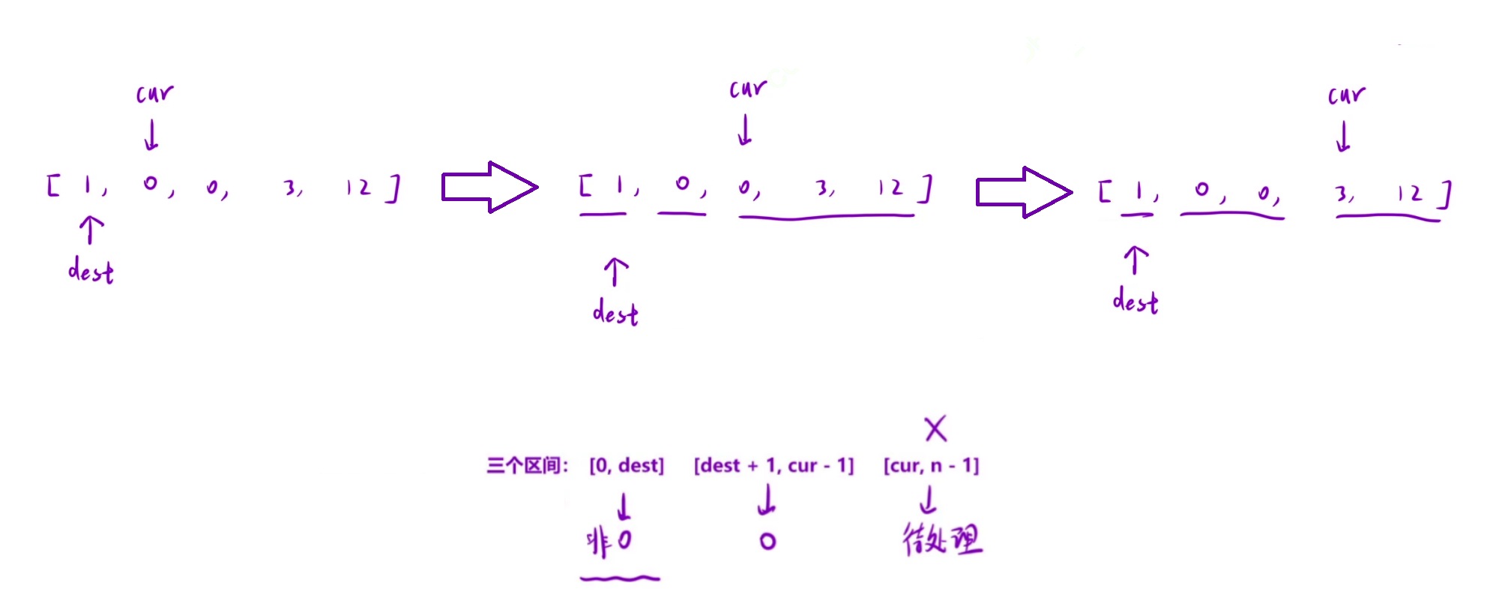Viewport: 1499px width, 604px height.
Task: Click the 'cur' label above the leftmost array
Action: (154, 94)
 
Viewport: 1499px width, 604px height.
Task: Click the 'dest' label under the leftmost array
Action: (91, 270)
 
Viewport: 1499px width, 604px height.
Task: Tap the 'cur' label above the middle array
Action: (748, 89)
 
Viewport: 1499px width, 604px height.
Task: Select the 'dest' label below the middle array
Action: (615, 312)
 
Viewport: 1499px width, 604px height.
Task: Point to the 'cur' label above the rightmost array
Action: (1346, 95)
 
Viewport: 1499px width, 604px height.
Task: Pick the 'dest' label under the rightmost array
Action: (1135, 302)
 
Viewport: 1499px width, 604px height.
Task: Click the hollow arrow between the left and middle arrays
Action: (489, 187)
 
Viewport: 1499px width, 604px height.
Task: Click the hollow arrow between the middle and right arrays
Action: (1023, 192)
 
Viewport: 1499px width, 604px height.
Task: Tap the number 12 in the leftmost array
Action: (358, 188)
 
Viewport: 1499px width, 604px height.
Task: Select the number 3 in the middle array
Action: (823, 188)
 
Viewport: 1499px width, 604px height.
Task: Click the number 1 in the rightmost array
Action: (1138, 193)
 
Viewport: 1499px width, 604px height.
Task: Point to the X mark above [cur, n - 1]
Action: (935, 428)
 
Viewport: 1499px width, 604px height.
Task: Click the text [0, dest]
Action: (627, 466)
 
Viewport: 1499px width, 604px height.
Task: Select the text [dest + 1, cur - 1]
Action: (773, 466)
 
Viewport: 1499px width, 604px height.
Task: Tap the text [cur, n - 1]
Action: (931, 466)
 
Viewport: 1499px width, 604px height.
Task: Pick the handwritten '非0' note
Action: (609, 541)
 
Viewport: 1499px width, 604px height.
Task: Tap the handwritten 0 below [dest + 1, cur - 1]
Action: (767, 541)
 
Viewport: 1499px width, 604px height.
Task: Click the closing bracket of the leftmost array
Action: (393, 188)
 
